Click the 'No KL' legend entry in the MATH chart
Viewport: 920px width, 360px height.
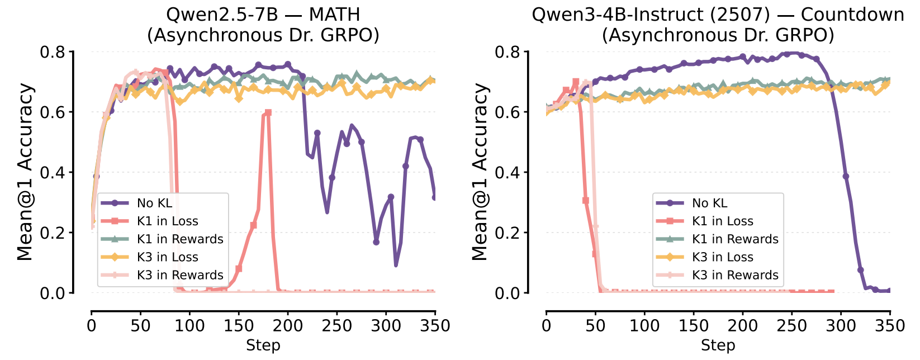pos(154,203)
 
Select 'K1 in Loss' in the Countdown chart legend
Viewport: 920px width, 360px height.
pos(722,221)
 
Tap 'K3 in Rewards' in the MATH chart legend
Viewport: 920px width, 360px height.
pos(180,275)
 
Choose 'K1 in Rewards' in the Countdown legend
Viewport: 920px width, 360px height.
pos(735,239)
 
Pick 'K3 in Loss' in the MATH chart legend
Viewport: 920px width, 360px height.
pos(167,257)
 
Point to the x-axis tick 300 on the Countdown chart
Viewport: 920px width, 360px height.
pos(841,325)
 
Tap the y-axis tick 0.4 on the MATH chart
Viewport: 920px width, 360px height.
pos(53,173)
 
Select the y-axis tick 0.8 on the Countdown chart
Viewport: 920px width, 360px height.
pos(508,53)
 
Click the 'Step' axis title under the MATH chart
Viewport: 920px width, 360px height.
pos(263,345)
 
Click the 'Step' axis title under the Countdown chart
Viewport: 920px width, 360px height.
pos(718,345)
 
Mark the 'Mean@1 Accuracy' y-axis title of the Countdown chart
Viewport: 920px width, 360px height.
pos(480,172)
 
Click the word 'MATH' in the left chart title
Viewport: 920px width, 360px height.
pos(333,15)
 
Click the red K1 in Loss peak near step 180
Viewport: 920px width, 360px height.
pos(268,112)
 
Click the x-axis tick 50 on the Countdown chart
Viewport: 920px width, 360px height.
pos(595,325)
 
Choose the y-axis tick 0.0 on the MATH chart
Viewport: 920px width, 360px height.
pos(53,293)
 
